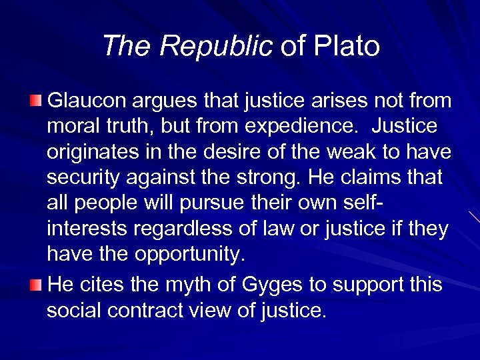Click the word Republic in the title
click(x=216, y=46)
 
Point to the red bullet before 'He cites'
click(x=35, y=285)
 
